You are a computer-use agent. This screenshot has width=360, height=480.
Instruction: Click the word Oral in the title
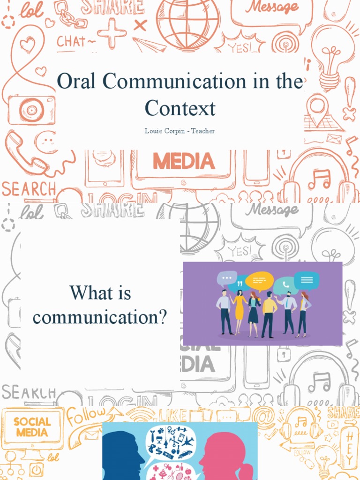pyautogui.click(x=77, y=82)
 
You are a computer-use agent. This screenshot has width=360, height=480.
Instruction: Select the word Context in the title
pyautogui.click(x=180, y=108)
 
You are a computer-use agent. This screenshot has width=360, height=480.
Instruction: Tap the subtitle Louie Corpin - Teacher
pyautogui.click(x=180, y=131)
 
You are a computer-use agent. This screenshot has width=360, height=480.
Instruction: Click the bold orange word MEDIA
pyautogui.click(x=184, y=162)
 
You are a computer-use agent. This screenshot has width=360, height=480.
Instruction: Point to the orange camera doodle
pyautogui.click(x=31, y=109)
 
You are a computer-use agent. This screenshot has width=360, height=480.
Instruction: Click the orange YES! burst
pyautogui.click(x=239, y=47)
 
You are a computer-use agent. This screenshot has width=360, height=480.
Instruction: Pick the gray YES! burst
pyautogui.click(x=239, y=251)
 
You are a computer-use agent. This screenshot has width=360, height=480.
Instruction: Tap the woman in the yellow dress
pyautogui.click(x=240, y=312)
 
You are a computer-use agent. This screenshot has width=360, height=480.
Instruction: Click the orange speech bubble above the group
pyautogui.click(x=259, y=281)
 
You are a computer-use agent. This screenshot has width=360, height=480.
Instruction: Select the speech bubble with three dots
pyautogui.click(x=227, y=278)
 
